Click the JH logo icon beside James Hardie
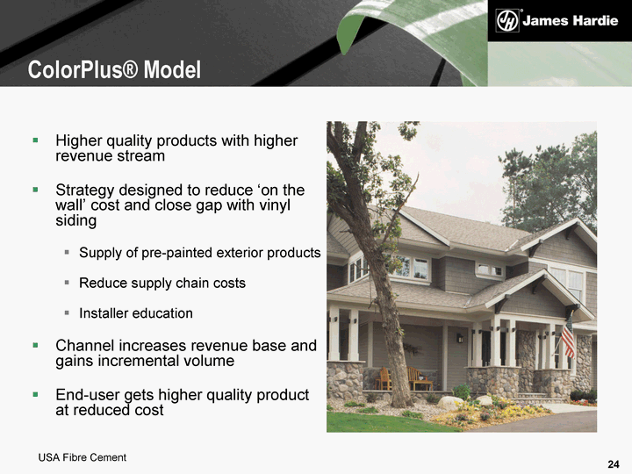(x=507, y=21)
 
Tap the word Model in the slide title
(x=172, y=69)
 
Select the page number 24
(x=614, y=464)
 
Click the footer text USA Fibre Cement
(x=83, y=457)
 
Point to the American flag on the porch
(x=568, y=335)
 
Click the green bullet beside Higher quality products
(x=35, y=140)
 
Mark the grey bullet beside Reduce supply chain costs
(x=67, y=283)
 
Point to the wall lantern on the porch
(x=460, y=338)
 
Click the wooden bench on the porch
(x=420, y=378)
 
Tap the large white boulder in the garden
(x=450, y=403)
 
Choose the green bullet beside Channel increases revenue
(x=35, y=345)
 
